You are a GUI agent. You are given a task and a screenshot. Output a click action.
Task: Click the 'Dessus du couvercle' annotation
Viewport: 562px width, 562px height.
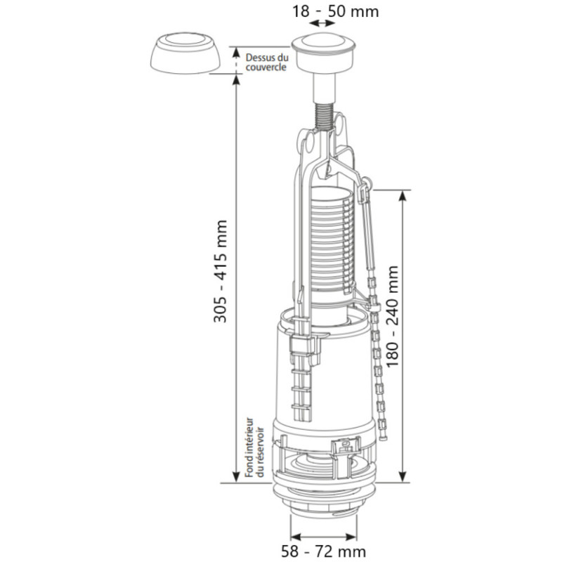pyautogui.click(x=266, y=62)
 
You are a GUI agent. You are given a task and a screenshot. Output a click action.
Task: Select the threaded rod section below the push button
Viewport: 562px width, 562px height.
pyautogui.click(x=322, y=117)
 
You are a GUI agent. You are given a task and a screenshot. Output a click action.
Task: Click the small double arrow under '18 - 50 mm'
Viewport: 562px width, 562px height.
pyautogui.click(x=322, y=25)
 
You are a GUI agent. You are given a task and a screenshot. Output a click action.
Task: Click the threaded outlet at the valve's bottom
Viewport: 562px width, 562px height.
pyautogui.click(x=324, y=509)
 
